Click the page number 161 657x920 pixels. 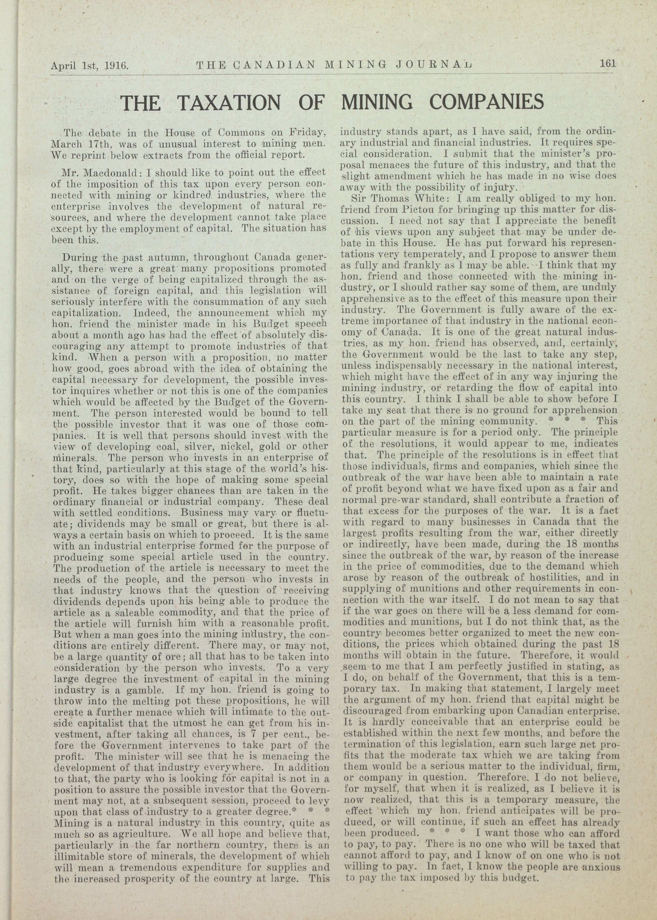(607, 63)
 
